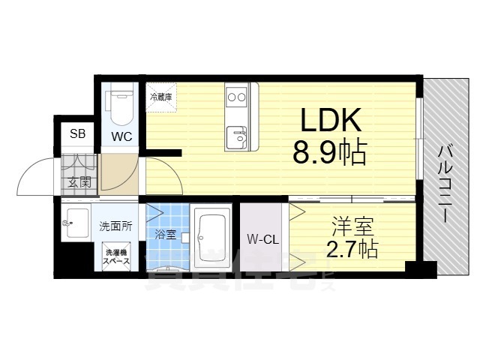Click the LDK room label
tap(331, 120)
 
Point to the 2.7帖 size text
tap(352, 248)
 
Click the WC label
tap(122, 136)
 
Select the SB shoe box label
tap(77, 134)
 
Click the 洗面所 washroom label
tap(115, 226)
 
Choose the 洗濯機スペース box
tap(117, 256)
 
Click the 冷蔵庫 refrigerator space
tap(160, 97)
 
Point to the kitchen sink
tap(238, 137)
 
